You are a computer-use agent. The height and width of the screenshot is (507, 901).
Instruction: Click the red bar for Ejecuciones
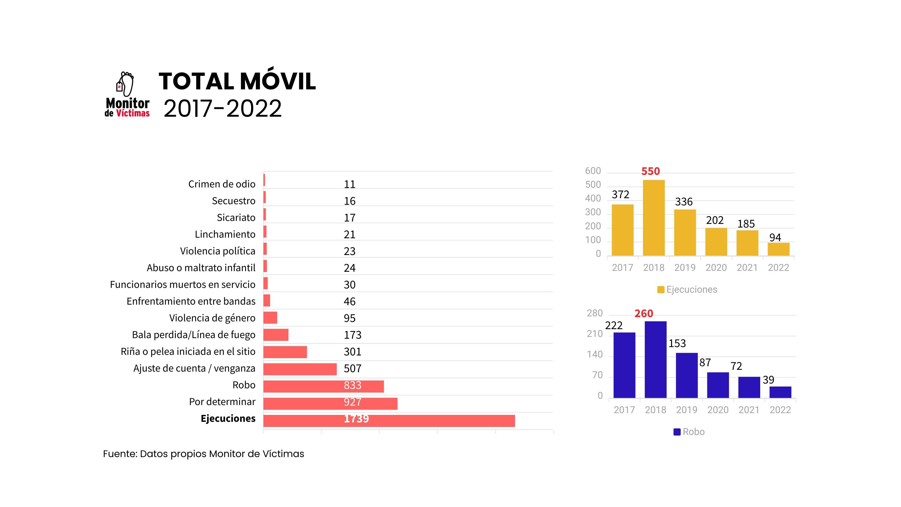tap(389, 421)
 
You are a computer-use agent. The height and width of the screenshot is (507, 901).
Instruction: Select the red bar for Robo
tap(323, 386)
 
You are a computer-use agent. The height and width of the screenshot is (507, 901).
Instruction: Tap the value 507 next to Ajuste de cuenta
tap(352, 369)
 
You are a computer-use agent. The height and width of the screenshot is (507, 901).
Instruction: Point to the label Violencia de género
tap(212, 318)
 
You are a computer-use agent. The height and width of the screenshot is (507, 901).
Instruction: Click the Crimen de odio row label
tap(222, 184)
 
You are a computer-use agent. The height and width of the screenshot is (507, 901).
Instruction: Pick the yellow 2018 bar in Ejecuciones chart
tap(654, 218)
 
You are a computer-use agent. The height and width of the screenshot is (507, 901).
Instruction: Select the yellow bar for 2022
tap(778, 249)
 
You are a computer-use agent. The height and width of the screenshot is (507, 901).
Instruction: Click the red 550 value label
tap(650, 171)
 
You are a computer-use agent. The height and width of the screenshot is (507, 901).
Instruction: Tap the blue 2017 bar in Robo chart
tap(624, 365)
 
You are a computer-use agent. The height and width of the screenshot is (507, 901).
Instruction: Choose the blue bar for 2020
tap(718, 385)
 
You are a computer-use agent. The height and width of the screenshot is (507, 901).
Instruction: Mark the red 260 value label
tap(644, 314)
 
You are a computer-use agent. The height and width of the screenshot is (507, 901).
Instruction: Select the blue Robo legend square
tap(677, 432)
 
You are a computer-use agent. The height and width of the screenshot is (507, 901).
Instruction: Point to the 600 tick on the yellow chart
tap(593, 171)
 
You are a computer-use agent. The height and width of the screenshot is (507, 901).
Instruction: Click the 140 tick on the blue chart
tap(595, 355)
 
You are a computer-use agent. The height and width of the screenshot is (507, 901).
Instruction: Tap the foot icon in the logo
tap(127, 84)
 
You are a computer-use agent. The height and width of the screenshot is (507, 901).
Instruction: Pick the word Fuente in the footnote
tap(120, 454)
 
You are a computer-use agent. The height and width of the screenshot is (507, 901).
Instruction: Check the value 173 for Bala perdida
tap(352, 335)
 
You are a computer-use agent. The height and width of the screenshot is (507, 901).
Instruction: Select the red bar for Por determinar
tap(330, 404)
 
